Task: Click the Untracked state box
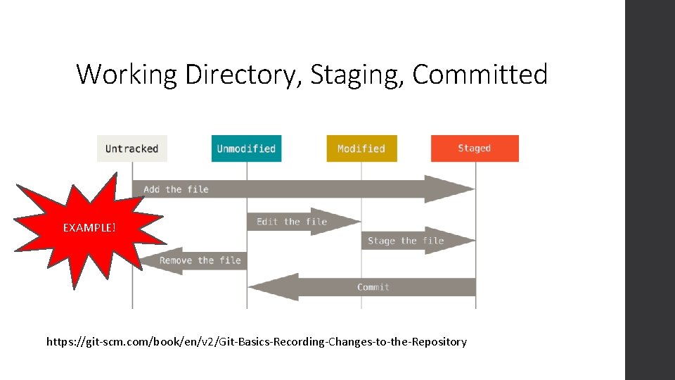132,148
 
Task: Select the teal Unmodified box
246,148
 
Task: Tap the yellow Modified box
361,148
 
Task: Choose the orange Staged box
475,148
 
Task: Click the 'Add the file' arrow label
176,189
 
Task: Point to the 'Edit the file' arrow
292,222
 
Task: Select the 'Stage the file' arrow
406,241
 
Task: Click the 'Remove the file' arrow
200,260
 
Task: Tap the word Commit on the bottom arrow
373,287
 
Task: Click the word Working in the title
127,74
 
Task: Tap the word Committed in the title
480,74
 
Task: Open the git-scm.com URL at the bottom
257,342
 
